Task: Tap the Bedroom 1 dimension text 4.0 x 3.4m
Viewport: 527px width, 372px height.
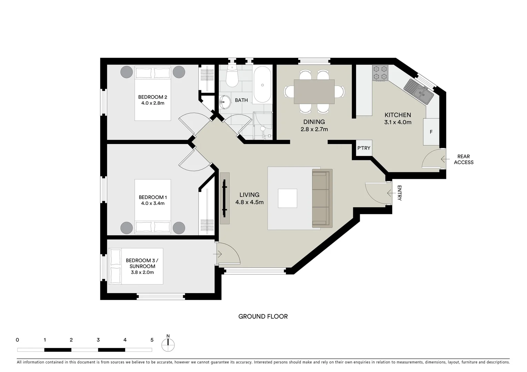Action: pyautogui.click(x=153, y=203)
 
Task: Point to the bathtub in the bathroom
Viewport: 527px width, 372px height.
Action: pyautogui.click(x=263, y=85)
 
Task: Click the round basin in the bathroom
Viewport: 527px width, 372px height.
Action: pyautogui.click(x=225, y=101)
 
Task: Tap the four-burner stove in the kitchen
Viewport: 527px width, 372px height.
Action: pyautogui.click(x=380, y=73)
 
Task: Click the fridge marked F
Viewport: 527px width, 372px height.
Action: pyautogui.click(x=431, y=132)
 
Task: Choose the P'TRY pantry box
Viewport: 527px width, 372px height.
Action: pyautogui.click(x=364, y=148)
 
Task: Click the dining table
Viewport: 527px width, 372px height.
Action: pyautogui.click(x=314, y=92)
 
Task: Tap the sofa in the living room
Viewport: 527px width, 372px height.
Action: pyautogui.click(x=322, y=198)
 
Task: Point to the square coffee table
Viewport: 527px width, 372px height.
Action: pyautogui.click(x=287, y=198)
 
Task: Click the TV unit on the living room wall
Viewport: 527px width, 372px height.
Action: pyautogui.click(x=225, y=198)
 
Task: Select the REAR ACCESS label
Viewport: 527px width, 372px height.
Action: pyautogui.click(x=464, y=159)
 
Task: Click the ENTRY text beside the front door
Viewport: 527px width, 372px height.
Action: pyautogui.click(x=399, y=193)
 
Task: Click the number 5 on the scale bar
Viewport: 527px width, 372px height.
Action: pyautogui.click(x=152, y=340)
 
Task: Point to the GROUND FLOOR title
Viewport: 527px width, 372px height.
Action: pyautogui.click(x=263, y=316)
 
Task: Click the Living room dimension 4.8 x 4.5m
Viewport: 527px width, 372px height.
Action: pyautogui.click(x=249, y=202)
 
